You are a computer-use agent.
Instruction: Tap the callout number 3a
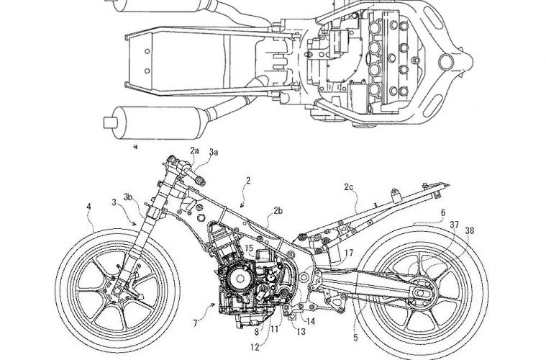tap(215, 153)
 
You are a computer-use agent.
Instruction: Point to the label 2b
tap(278, 211)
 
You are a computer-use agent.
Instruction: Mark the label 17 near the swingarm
tap(347, 253)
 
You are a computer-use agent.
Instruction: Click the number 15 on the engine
tap(247, 248)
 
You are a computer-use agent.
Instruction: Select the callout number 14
tap(311, 320)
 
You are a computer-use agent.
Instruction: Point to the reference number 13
tap(301, 332)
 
